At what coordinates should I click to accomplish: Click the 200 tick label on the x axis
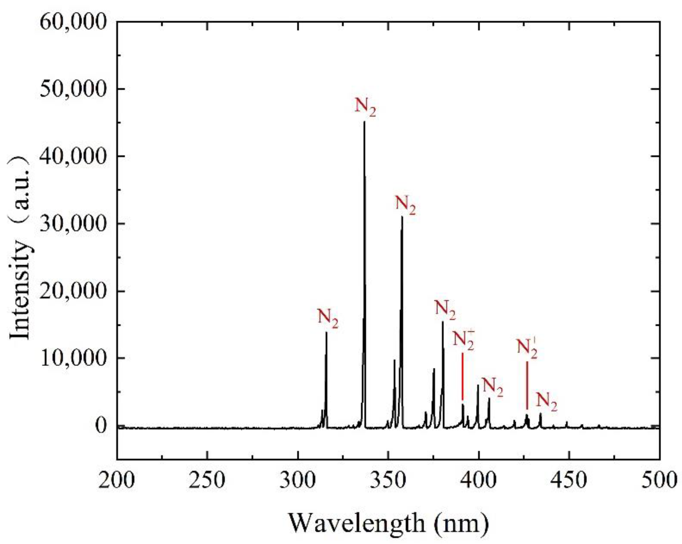tap(117, 480)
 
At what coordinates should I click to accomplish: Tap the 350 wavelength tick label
tap(388, 480)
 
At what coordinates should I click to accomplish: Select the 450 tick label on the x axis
tap(569, 480)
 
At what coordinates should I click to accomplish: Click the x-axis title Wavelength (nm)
tap(389, 523)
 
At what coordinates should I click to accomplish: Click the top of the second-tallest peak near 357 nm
tap(402, 216)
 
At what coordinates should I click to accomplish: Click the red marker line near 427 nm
tap(527, 385)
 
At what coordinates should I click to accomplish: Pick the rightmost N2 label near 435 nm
tap(547, 402)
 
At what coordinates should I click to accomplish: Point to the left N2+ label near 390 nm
tap(463, 340)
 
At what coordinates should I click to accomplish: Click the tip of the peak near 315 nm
tap(326, 332)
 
